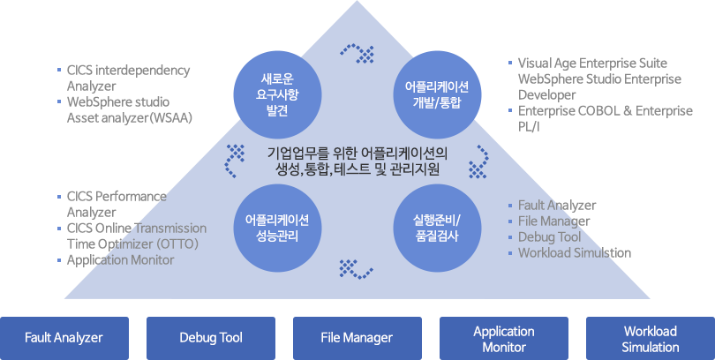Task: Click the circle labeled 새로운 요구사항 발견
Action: point(275,87)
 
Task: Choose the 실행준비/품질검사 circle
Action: point(438,227)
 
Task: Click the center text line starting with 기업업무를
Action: point(357,152)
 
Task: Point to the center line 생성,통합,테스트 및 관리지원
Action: point(357,169)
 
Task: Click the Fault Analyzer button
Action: point(64,337)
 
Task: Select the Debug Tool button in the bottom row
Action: point(210,337)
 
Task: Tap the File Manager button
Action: point(357,337)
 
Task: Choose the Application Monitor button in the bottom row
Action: point(503,337)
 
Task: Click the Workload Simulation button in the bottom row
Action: point(650,337)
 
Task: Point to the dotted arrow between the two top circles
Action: point(357,53)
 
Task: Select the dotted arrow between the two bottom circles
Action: point(357,267)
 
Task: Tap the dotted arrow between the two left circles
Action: point(234,160)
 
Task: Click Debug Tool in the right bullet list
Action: point(549,236)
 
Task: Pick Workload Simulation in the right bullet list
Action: point(575,252)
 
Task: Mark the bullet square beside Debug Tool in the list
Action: point(510,237)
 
